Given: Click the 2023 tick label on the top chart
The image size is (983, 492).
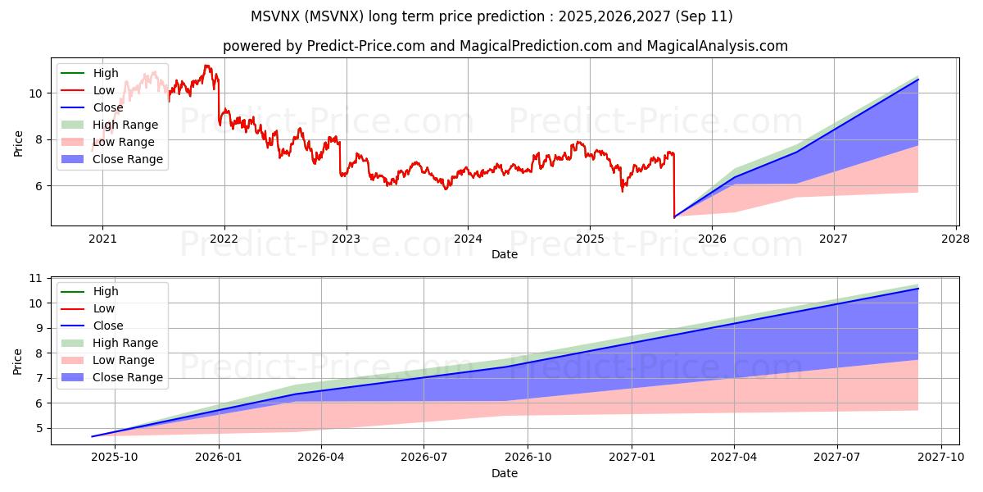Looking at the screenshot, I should click(x=346, y=239).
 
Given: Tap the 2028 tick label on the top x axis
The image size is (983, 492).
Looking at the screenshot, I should click(x=956, y=239).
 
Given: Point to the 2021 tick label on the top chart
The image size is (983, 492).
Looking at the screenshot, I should click(x=102, y=239).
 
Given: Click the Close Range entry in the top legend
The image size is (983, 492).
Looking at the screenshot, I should click(x=128, y=159).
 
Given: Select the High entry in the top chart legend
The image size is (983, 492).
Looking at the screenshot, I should click(x=106, y=73).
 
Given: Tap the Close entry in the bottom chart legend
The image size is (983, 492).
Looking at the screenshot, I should click(x=108, y=326).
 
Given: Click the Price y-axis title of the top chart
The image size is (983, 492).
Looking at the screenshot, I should click(x=18, y=144).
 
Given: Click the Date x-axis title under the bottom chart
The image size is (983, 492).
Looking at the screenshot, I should click(x=505, y=473).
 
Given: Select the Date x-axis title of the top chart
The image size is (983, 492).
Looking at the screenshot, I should click(x=505, y=254).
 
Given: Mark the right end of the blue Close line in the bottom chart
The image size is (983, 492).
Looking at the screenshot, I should click(x=918, y=289).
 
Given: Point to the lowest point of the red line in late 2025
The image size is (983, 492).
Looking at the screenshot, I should click(x=674, y=217).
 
